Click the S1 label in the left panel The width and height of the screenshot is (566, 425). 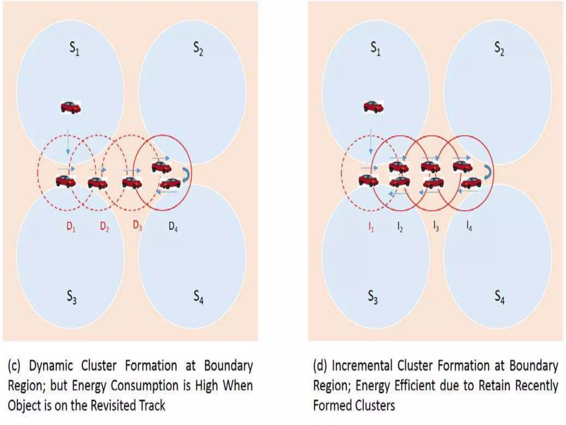(x=74, y=49)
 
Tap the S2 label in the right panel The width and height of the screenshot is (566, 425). (x=499, y=49)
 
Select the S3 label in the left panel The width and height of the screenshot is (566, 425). (x=72, y=297)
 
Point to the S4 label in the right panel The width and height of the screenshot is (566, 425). (x=500, y=297)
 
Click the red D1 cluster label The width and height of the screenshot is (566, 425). (x=71, y=227)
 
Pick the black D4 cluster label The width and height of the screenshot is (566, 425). (x=173, y=227)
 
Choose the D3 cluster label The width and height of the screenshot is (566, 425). (x=137, y=226)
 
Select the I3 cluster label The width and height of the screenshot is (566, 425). (x=436, y=227)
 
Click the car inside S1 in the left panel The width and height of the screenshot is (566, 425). (x=71, y=107)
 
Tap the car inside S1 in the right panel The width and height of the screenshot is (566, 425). (x=373, y=107)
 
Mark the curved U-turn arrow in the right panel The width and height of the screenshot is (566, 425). (x=488, y=172)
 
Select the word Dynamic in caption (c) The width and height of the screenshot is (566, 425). (x=51, y=366)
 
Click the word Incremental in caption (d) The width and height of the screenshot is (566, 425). (x=362, y=366)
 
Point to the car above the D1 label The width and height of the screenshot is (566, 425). (x=66, y=182)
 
